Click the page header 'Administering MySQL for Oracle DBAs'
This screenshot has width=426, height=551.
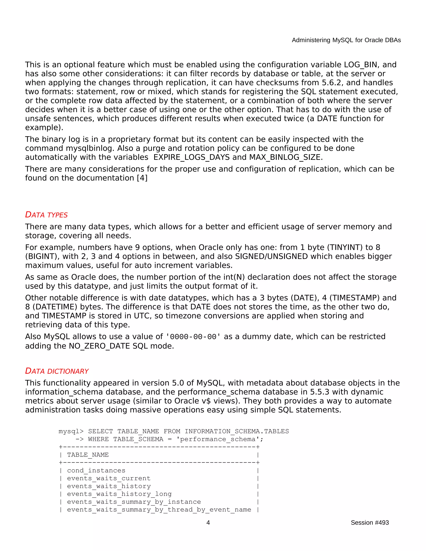coord(346,40)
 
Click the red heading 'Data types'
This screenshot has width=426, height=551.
coord(46,215)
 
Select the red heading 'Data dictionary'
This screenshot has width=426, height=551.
coord(57,371)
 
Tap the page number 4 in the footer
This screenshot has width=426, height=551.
coord(208,523)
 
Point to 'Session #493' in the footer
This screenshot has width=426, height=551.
coord(369,523)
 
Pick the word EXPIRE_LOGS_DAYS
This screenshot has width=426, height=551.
coord(191,157)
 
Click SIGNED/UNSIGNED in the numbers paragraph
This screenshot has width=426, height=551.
coord(271,256)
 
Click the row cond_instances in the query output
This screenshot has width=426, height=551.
coord(96,471)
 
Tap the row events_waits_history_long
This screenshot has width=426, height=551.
coord(119,494)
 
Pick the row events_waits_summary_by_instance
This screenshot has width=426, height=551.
coord(134,502)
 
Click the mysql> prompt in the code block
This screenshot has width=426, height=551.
coord(71,431)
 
